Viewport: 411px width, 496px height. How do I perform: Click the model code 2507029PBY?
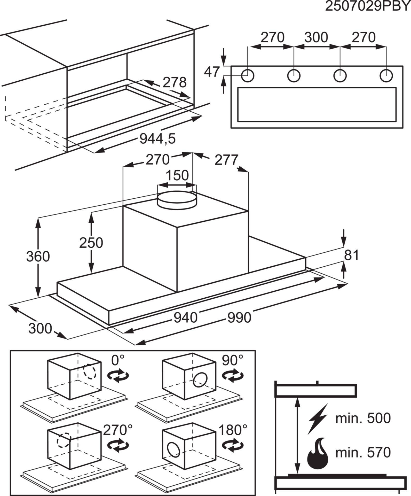pyautogui.click(x=367, y=6)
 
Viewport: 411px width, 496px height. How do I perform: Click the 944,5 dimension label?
pyautogui.click(x=157, y=139)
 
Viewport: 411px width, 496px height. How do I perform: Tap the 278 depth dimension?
pyautogui.click(x=175, y=82)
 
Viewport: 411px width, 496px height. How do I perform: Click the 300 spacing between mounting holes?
pyautogui.click(x=316, y=37)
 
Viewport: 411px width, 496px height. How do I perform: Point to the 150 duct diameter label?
pyautogui.click(x=177, y=175)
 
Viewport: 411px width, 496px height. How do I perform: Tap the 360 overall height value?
pyautogui.click(x=38, y=257)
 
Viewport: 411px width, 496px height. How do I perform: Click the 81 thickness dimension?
pyautogui.click(x=351, y=255)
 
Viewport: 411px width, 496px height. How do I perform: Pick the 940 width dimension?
pyautogui.click(x=186, y=317)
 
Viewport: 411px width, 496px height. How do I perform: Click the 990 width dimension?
pyautogui.click(x=239, y=317)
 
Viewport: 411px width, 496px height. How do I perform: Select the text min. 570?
pyautogui.click(x=363, y=452)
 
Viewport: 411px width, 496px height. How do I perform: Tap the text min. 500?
pyautogui.click(x=363, y=418)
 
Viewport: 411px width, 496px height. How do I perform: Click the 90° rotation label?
pyautogui.click(x=232, y=360)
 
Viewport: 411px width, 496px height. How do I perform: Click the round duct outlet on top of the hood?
pyautogui.click(x=177, y=199)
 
